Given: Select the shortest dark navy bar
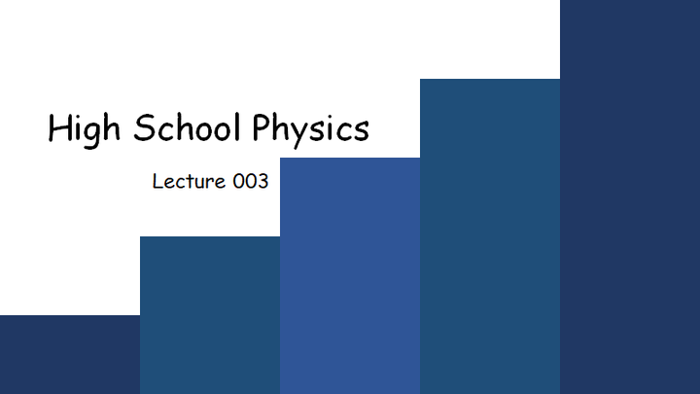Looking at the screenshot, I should point(70,355).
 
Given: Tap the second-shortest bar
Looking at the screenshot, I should point(210,315).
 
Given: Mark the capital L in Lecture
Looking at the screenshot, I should point(158,181).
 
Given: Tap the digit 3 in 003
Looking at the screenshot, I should point(262,181).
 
